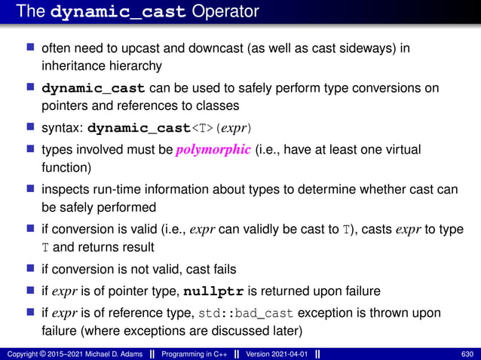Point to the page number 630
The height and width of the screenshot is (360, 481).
[x=467, y=354]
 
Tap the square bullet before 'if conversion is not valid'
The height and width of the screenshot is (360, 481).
[x=31, y=267]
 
